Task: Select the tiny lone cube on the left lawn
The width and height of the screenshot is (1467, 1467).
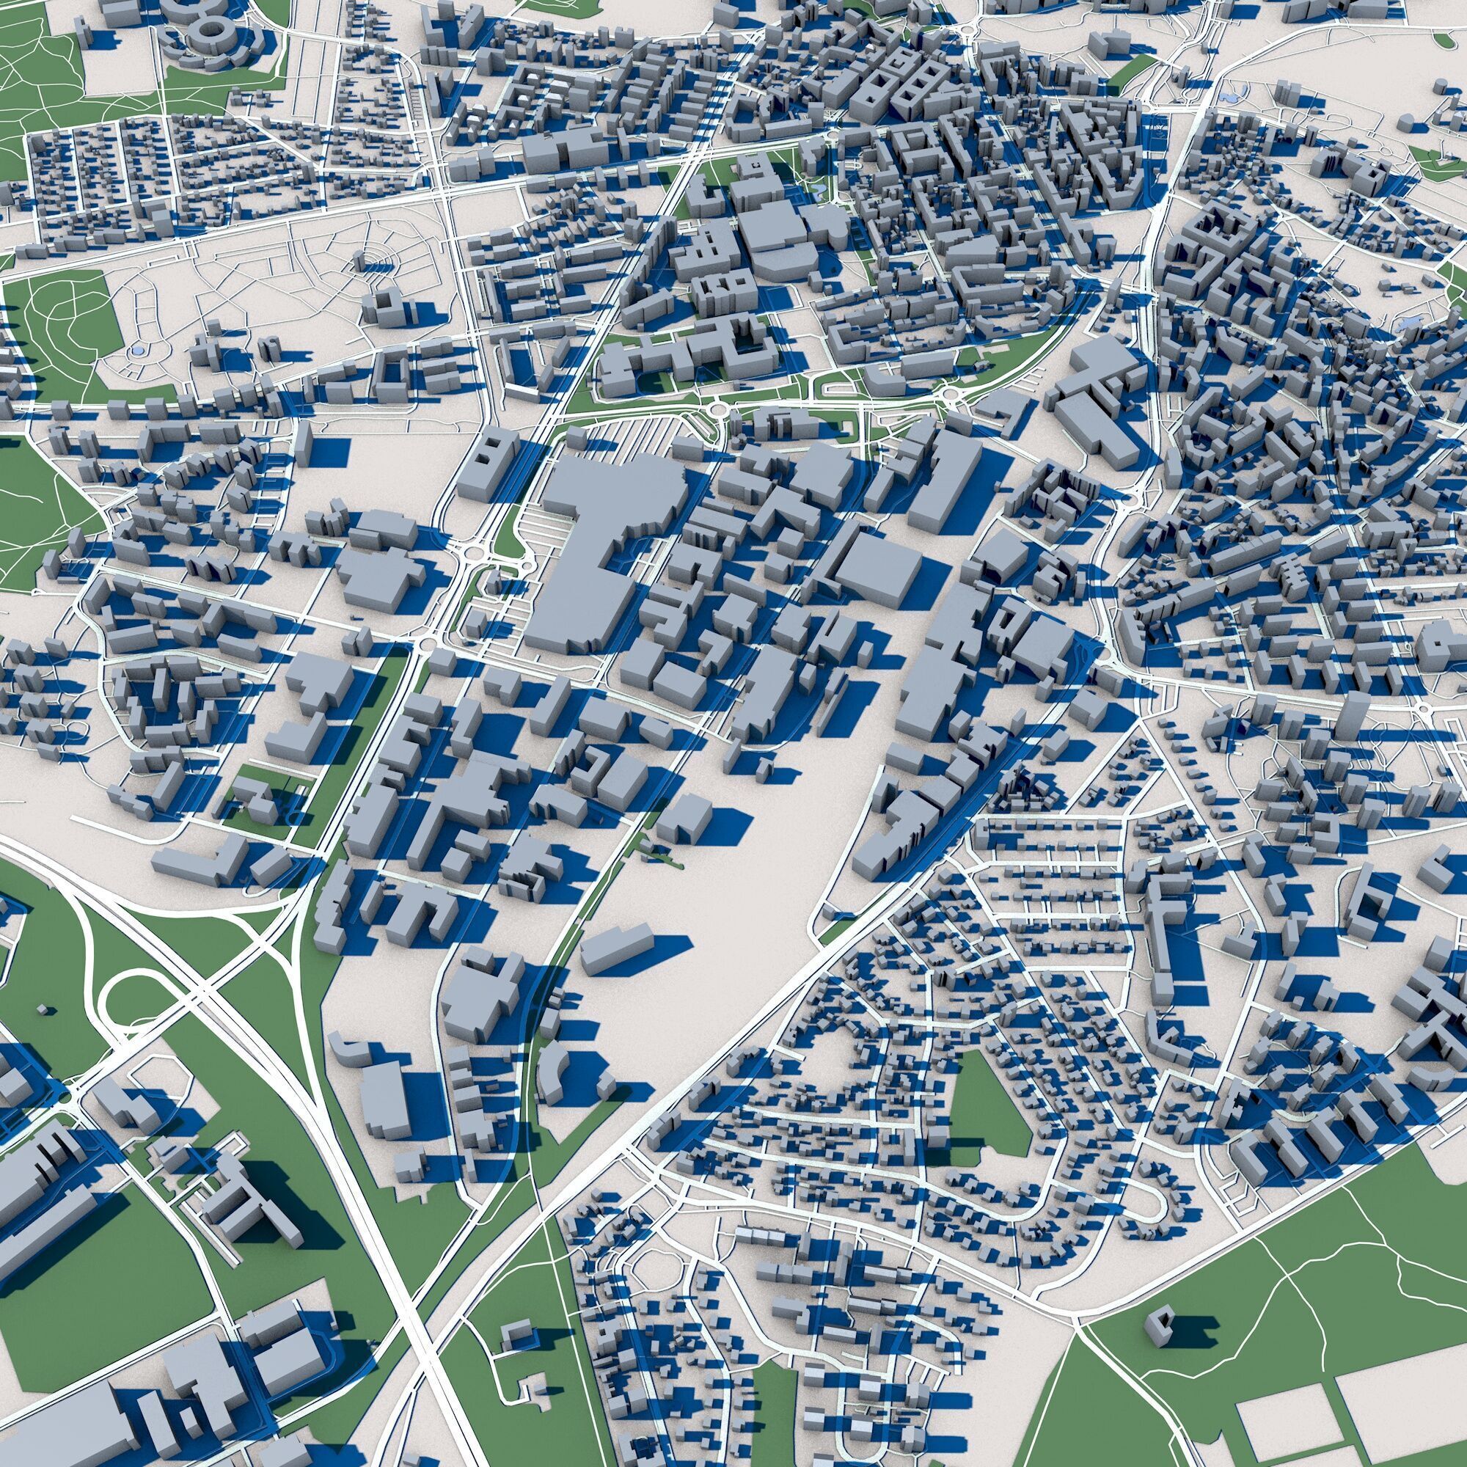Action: coord(43,1010)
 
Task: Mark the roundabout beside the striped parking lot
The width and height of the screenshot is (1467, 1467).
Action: coord(714,411)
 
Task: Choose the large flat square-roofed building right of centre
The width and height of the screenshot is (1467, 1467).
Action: coord(879,571)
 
